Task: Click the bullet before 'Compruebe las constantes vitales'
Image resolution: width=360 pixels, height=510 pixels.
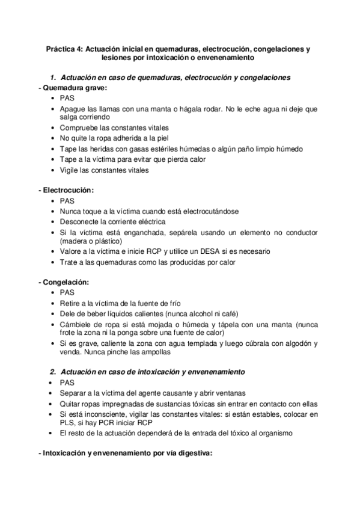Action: pyautogui.click(x=53, y=128)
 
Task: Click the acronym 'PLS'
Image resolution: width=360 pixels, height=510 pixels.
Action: pyautogui.click(x=67, y=423)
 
